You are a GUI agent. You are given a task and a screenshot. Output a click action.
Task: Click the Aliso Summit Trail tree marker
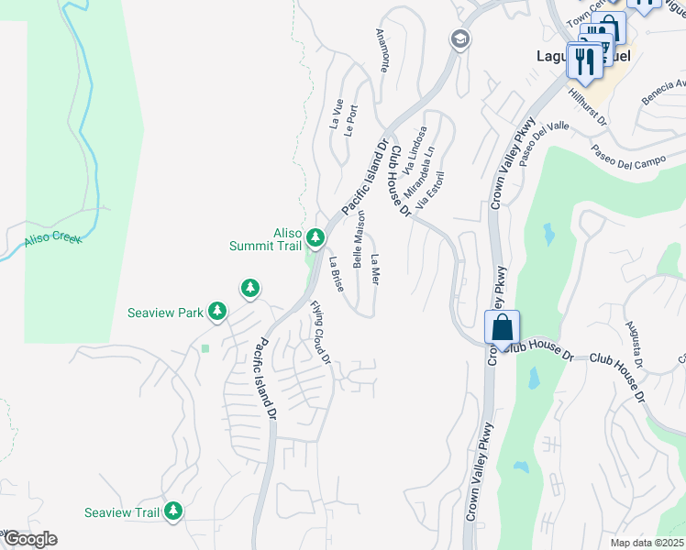point(315,239)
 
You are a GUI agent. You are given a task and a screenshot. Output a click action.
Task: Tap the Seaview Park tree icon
point(217,313)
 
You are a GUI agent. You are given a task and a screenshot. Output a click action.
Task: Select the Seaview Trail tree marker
point(172,512)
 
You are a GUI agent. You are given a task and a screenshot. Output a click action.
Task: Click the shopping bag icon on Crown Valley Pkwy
point(503,328)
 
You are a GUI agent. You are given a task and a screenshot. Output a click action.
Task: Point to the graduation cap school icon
point(459,39)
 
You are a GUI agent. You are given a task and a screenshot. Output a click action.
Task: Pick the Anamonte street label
point(383,50)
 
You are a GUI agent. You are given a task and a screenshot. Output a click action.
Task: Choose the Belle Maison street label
point(359,238)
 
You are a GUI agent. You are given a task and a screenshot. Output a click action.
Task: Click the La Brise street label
point(336,274)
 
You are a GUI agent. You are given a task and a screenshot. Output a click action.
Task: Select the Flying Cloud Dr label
point(320,333)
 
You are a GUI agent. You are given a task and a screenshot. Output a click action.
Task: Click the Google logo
point(29,539)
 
